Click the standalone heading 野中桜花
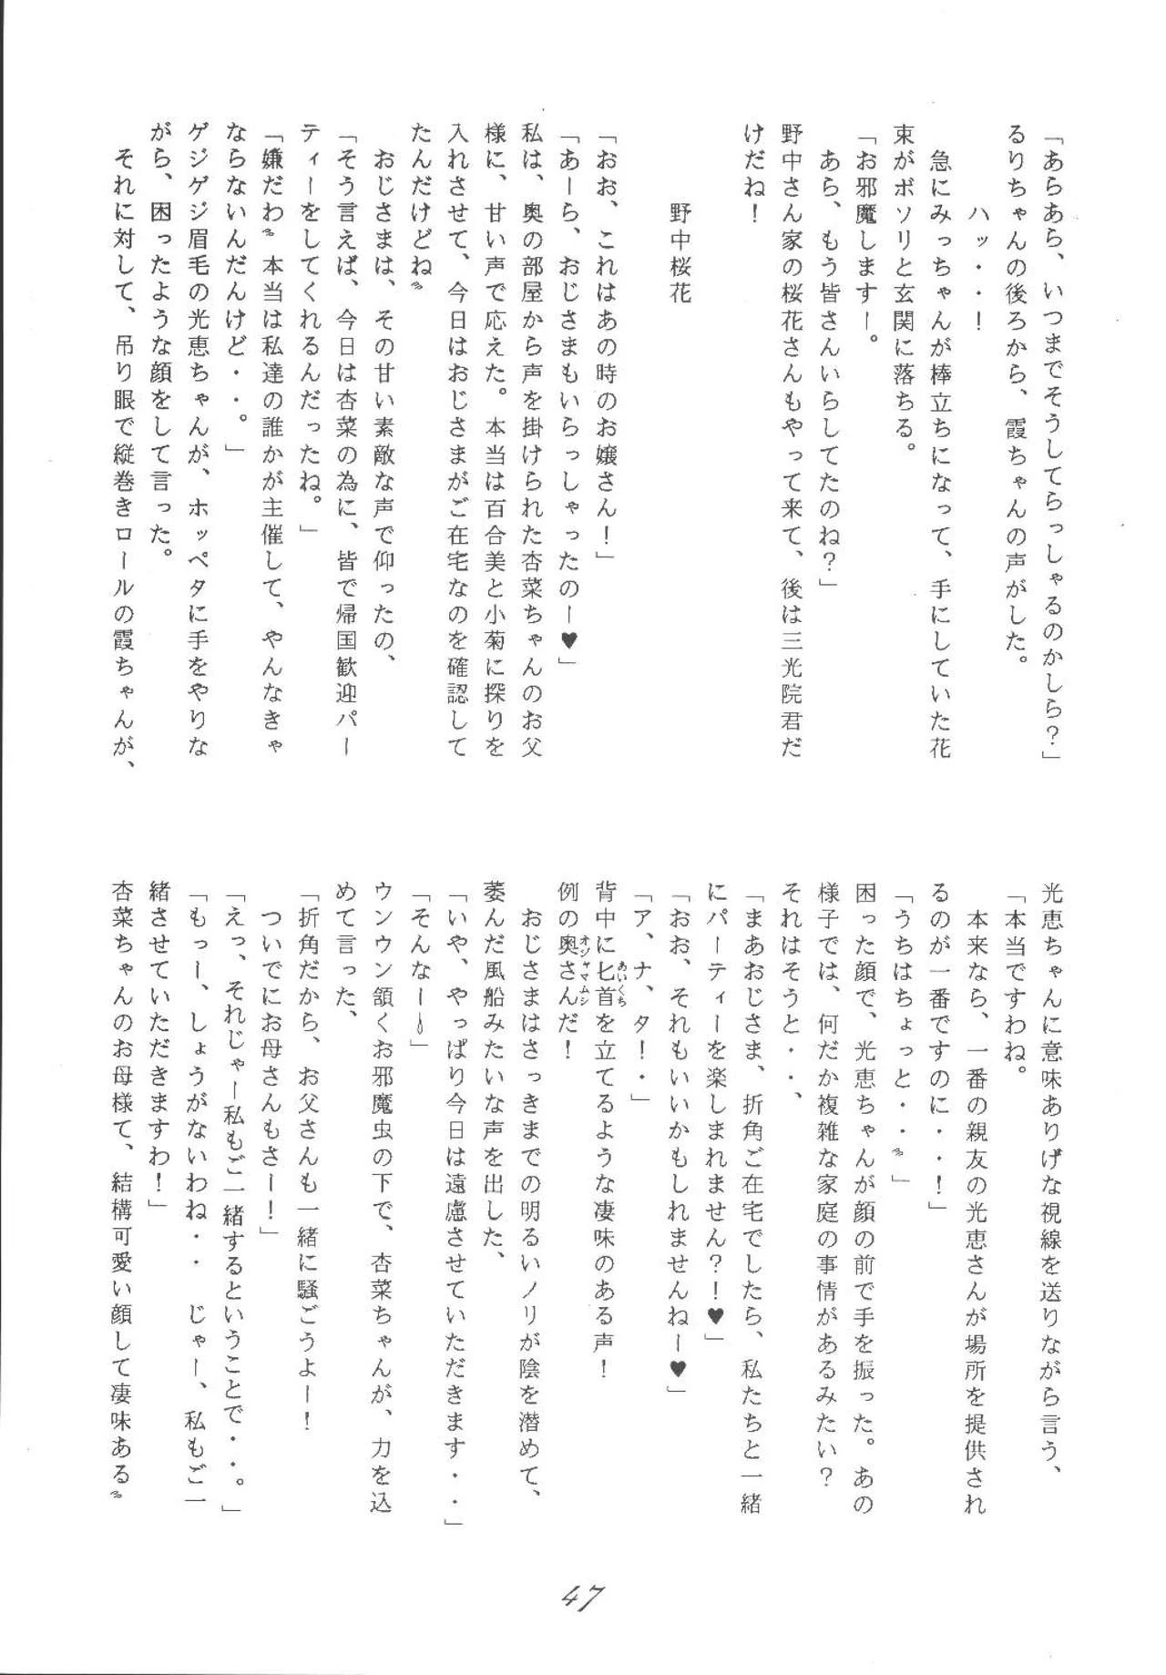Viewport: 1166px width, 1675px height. pyautogui.click(x=680, y=254)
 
